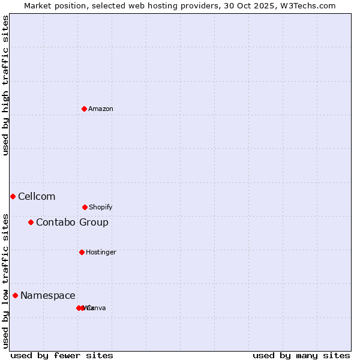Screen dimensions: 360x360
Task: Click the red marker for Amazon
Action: (x=85, y=109)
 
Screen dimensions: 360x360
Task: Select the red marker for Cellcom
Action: (x=13, y=196)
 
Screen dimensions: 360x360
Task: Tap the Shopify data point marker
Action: (x=85, y=207)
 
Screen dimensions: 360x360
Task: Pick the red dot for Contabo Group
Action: (x=31, y=222)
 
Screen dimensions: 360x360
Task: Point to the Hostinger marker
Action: (x=82, y=252)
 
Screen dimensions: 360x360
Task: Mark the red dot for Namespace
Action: (x=15, y=295)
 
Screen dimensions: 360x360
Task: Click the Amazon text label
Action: (x=101, y=109)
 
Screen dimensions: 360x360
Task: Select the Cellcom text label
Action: (x=37, y=196)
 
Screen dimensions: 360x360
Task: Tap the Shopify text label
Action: (x=101, y=207)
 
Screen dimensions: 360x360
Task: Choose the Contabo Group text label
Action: (x=72, y=222)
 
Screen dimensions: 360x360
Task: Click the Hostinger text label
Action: (x=101, y=252)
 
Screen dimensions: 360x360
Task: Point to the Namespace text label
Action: (x=48, y=295)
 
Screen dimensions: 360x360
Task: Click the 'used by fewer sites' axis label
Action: (x=62, y=355)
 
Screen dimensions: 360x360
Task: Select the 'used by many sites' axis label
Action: (x=301, y=355)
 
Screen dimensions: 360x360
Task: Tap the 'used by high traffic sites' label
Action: (x=5, y=85)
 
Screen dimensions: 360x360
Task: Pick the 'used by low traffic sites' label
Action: (x=5, y=280)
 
